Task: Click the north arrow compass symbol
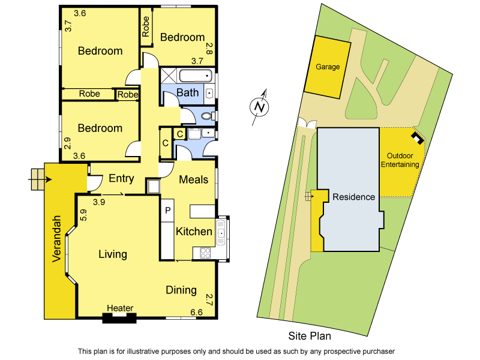tap(259, 107)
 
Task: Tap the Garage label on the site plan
tap(328, 67)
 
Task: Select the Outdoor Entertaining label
tap(403, 160)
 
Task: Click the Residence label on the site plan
tap(354, 197)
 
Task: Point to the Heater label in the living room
tap(120, 308)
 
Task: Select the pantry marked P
tap(168, 211)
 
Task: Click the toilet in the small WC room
tap(207, 116)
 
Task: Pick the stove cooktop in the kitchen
tap(205, 253)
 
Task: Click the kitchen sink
tap(221, 231)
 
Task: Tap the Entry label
tap(121, 178)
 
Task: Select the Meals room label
tap(194, 179)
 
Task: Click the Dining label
tap(181, 290)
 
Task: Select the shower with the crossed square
tap(169, 76)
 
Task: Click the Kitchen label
tap(194, 232)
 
